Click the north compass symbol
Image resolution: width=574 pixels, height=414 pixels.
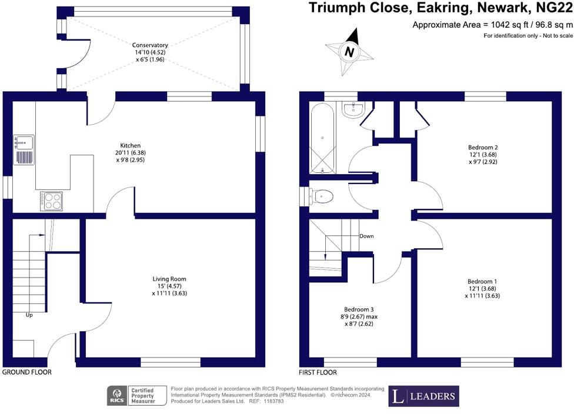[x=349, y=52]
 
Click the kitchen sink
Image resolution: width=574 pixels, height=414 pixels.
[x=24, y=142]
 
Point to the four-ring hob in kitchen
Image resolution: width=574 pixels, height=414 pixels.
[x=52, y=201]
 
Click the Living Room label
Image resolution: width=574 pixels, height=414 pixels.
[x=171, y=279]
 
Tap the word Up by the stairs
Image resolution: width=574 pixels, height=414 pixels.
[x=29, y=315]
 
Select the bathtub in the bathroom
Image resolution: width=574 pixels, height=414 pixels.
[x=322, y=138]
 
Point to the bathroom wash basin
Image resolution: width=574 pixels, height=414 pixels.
[x=354, y=109]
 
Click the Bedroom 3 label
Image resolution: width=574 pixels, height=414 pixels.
[x=359, y=309]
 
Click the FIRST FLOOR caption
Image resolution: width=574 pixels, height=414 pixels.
[x=318, y=372]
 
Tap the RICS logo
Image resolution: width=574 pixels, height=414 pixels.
[x=116, y=396]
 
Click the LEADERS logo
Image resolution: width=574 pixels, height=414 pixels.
[x=423, y=396]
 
